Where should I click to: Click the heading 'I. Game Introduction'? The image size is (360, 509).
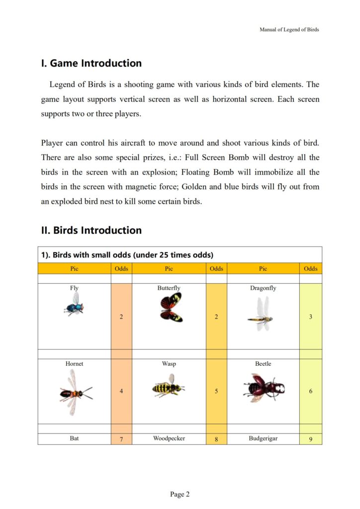(91, 64)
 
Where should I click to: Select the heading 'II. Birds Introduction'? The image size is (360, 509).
(91, 231)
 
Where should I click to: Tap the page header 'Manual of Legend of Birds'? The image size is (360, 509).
(289, 29)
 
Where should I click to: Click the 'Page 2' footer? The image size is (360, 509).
(180, 494)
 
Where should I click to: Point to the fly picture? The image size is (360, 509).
(74, 304)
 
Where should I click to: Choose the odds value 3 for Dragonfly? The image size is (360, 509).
(311, 317)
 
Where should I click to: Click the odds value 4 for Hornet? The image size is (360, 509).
(121, 391)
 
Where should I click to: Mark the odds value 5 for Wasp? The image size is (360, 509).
(216, 391)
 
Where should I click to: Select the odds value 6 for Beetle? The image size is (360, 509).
(311, 391)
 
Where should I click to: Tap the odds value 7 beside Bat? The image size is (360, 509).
(121, 439)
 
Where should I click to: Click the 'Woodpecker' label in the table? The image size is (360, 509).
(169, 439)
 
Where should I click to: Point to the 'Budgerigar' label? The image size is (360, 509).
(263, 439)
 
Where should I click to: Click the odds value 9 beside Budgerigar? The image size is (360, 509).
(311, 439)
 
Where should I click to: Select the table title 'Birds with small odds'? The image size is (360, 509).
(127, 255)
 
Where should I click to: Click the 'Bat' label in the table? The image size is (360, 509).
(74, 439)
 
